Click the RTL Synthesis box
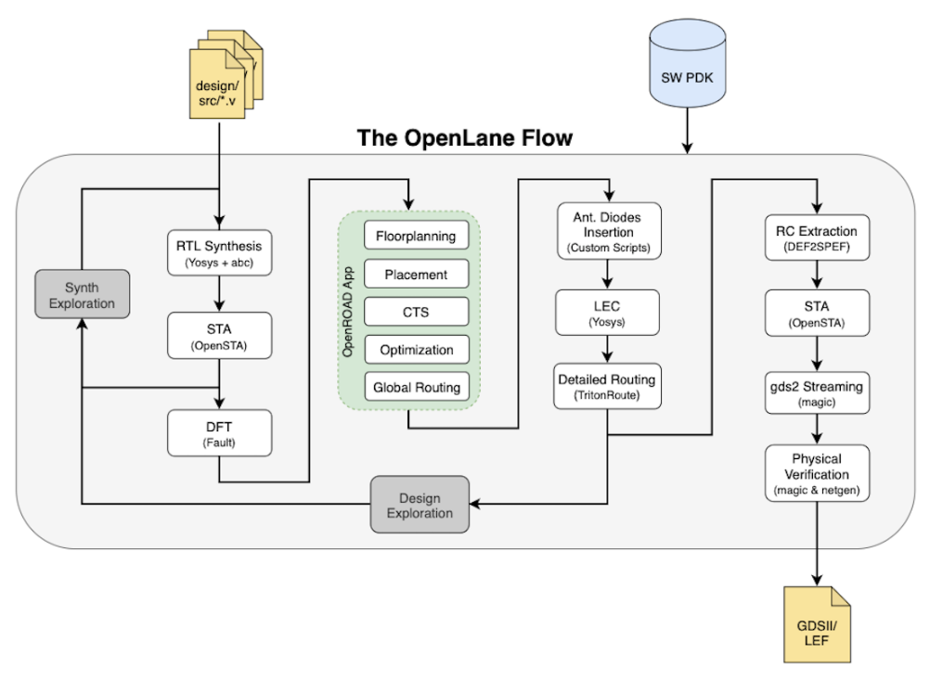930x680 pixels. (220, 253)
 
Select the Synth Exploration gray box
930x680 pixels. (82, 295)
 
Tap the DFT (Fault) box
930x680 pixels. (220, 433)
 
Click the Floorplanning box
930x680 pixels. (416, 236)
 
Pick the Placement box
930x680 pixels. (416, 275)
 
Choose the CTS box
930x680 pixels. (416, 312)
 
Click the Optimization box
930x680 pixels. (416, 350)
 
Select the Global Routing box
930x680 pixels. (416, 387)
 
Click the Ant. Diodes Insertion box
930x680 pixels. (608, 231)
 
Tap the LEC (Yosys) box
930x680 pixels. (608, 313)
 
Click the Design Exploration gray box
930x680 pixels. (420, 505)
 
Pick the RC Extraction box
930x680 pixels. (816, 237)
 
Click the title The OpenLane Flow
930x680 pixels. (465, 138)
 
